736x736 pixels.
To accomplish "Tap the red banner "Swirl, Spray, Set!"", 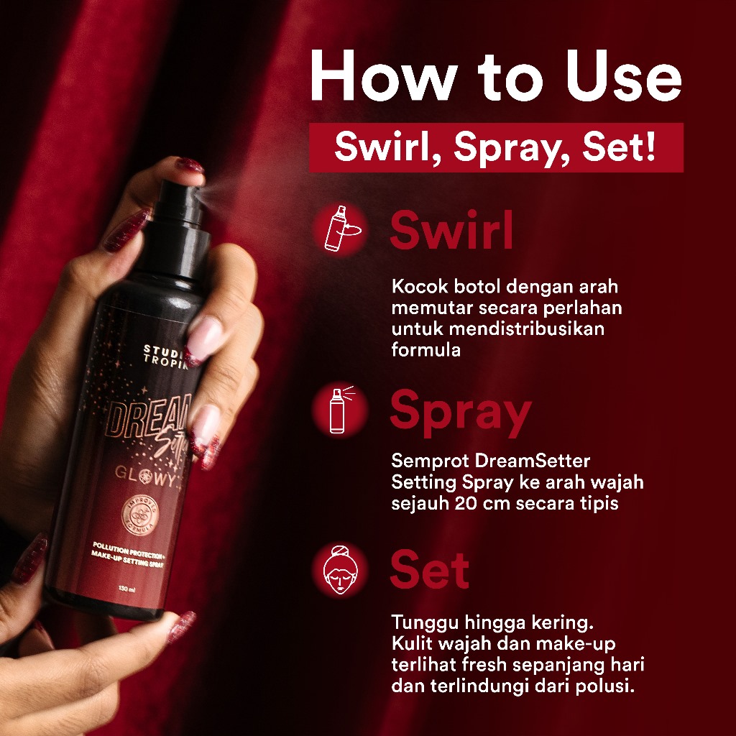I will (495, 147).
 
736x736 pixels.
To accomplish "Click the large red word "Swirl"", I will (451, 231).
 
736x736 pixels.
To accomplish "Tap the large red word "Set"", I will (429, 571).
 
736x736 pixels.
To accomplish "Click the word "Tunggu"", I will (420, 621).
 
